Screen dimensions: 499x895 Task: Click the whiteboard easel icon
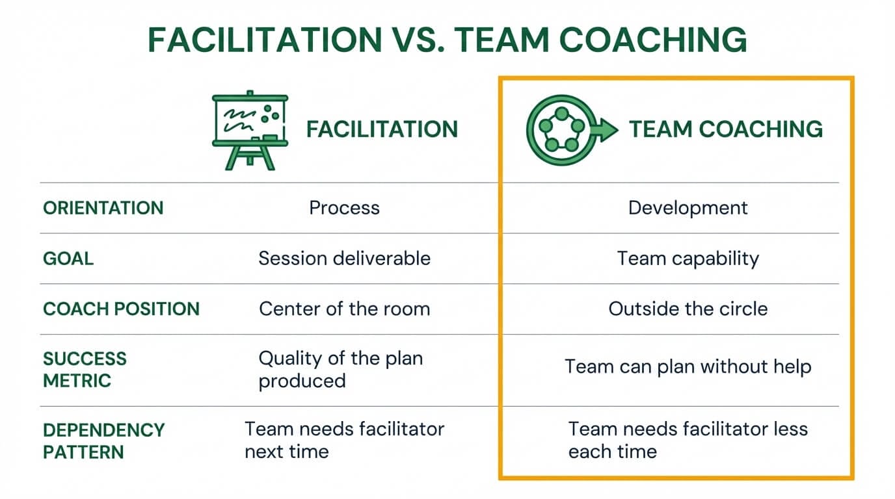click(x=250, y=130)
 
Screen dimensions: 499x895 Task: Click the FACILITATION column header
click(x=382, y=129)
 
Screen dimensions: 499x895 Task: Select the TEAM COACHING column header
click(x=725, y=129)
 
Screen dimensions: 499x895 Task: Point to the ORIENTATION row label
click(x=103, y=208)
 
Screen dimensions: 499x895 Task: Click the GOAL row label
click(x=68, y=259)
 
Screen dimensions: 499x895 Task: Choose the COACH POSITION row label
click(x=121, y=309)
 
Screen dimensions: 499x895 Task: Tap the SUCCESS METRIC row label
click(x=85, y=369)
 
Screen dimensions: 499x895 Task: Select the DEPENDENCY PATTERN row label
click(x=103, y=441)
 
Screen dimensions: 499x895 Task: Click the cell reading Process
click(x=344, y=208)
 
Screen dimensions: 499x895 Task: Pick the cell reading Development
click(x=688, y=208)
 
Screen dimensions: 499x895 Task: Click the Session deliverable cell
click(x=344, y=259)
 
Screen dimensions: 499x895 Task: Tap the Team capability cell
click(x=688, y=259)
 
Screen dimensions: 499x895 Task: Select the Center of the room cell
click(x=344, y=309)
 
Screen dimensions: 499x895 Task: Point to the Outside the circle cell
click(x=688, y=309)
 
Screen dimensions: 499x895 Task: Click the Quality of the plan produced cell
click(x=340, y=369)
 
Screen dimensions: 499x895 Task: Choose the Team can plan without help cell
click(x=688, y=366)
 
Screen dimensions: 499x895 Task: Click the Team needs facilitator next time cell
click(x=344, y=441)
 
